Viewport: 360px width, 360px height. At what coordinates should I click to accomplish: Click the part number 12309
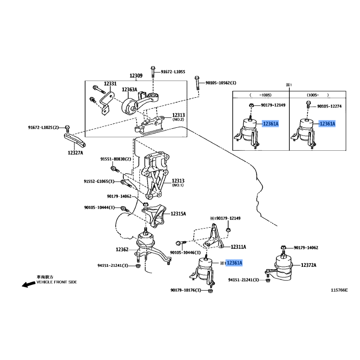136,76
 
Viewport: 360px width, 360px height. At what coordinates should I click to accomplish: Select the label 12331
110,84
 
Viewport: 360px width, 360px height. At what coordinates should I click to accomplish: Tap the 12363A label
129,89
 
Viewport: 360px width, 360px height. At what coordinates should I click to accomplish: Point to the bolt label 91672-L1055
173,72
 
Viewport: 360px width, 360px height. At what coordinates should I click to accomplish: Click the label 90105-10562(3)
220,83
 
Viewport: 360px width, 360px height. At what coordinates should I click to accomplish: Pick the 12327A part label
75,153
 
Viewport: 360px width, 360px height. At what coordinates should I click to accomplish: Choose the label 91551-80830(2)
116,159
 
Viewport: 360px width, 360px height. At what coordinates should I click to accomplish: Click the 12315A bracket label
178,214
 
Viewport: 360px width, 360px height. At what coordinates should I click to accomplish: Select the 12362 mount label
122,249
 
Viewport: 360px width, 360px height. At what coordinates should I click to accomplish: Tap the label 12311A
238,247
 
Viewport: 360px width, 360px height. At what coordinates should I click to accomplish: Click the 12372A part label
309,265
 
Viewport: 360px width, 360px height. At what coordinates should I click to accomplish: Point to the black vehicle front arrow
29,284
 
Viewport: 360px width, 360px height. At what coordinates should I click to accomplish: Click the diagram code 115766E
339,290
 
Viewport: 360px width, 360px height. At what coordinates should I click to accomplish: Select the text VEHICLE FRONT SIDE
57,282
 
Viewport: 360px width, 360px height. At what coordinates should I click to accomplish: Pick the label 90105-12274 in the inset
329,106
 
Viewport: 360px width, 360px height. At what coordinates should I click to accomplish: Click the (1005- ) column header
318,95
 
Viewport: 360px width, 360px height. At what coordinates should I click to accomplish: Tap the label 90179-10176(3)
186,290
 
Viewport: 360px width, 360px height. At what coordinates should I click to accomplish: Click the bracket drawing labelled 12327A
75,140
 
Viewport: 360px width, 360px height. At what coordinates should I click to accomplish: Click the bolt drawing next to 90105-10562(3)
197,83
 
